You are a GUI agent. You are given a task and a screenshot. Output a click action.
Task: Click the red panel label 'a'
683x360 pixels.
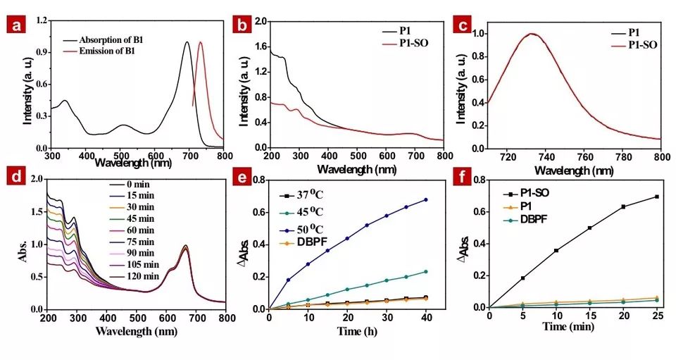(x=15, y=27)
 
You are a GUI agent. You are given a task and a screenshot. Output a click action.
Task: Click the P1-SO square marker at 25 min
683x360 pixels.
(x=656, y=197)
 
